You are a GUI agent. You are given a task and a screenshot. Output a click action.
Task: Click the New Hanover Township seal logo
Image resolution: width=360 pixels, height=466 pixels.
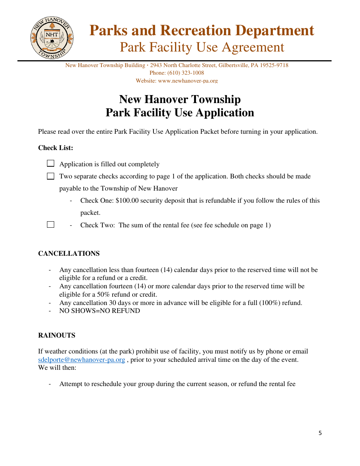(x=52, y=38)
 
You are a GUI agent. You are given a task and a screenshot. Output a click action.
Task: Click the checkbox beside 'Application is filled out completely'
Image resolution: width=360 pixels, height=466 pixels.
(x=50, y=164)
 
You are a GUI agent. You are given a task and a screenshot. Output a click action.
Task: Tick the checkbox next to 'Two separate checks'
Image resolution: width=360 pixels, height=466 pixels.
(x=50, y=176)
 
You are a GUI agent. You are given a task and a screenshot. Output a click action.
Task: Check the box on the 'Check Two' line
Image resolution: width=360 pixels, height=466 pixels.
(x=50, y=225)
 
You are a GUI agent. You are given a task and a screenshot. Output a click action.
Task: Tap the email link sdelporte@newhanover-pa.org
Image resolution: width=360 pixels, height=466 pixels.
(x=81, y=360)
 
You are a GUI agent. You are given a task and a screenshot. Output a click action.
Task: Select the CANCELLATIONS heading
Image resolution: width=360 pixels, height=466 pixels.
(x=69, y=253)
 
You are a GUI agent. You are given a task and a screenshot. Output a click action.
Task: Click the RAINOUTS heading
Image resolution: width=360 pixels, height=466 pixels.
(x=57, y=335)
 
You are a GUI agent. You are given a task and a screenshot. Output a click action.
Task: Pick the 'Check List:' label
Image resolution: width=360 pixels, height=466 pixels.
(x=56, y=148)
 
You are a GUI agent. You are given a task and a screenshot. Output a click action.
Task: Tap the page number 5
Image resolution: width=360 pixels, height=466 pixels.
(x=320, y=433)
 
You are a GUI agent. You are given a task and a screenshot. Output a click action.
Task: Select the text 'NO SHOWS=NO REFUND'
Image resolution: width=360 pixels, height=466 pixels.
(x=100, y=311)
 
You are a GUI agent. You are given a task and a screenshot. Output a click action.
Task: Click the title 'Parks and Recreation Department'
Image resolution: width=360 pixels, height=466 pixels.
(x=202, y=30)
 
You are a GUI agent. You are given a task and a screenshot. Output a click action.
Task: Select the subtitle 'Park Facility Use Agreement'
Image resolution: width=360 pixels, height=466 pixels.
(x=202, y=47)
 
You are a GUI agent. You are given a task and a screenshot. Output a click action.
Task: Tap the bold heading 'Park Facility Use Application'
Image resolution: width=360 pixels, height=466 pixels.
(x=180, y=113)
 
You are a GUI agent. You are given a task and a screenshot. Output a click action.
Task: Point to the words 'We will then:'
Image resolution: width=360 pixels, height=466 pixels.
(x=57, y=367)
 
